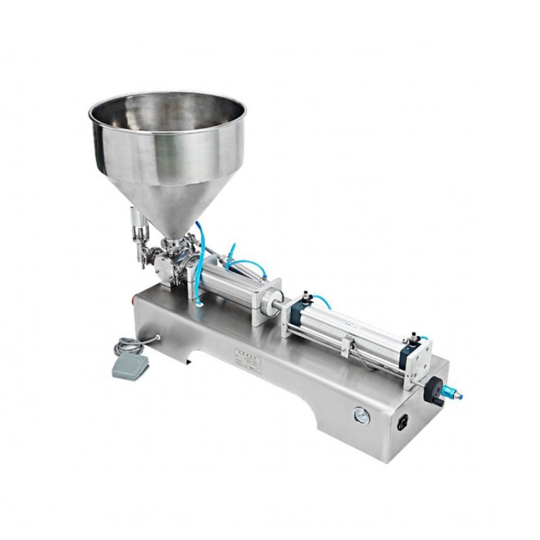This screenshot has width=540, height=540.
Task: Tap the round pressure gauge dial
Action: point(362,416)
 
